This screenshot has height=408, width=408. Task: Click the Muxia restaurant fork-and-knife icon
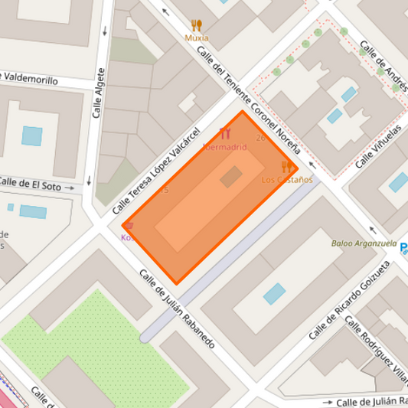197,25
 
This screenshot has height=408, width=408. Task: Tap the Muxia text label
197,38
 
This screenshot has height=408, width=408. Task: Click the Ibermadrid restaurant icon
224,133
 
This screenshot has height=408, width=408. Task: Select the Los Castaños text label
287,180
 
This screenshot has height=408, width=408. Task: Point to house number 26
260,138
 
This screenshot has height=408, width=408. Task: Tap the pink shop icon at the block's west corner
129,226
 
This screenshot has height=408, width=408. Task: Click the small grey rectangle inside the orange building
230,178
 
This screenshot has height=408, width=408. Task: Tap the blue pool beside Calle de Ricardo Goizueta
274,293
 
